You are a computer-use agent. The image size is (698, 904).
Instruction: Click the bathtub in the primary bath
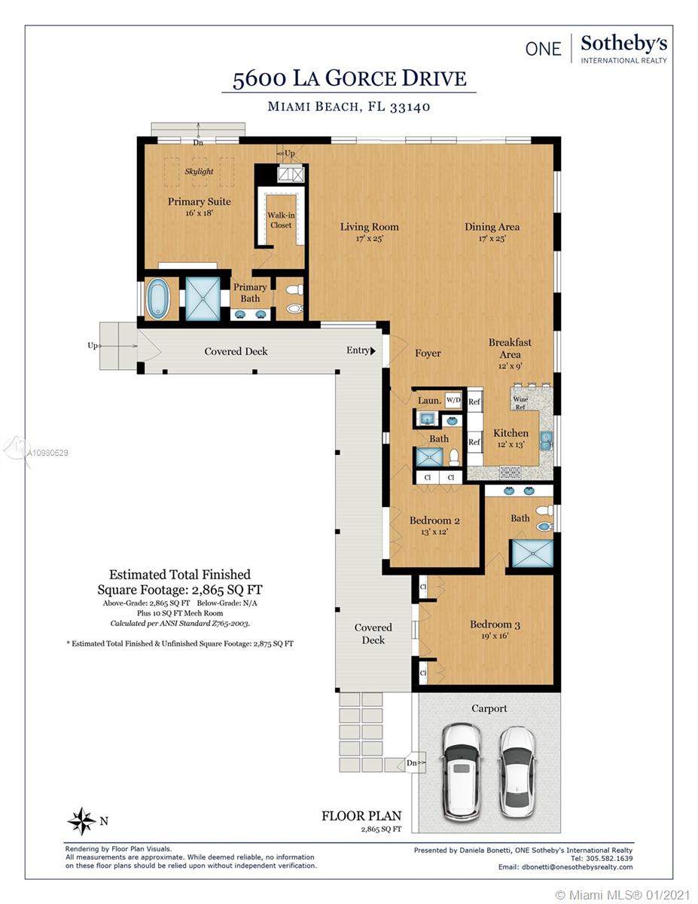(158, 299)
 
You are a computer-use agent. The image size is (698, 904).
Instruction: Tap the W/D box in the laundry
(453, 400)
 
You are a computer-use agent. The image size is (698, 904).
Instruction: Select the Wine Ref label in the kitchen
(520, 403)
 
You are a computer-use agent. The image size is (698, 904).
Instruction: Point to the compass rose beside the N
(82, 821)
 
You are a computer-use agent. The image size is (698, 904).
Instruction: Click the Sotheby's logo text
(623, 44)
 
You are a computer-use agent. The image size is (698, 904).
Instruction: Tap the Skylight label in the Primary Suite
(199, 172)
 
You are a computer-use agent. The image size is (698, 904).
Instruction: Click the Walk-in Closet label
(281, 220)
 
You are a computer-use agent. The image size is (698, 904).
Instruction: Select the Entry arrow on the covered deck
(373, 351)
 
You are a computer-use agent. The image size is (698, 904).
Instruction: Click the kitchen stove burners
(510, 472)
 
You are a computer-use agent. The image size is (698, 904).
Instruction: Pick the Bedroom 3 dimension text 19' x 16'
(495, 636)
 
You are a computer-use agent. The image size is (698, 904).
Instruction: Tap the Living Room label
(369, 227)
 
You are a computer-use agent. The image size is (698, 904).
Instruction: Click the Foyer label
(428, 353)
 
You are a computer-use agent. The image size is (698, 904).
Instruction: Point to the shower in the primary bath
(203, 299)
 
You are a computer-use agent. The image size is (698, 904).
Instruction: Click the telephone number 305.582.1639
(609, 859)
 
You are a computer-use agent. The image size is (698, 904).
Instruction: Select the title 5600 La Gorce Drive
(349, 79)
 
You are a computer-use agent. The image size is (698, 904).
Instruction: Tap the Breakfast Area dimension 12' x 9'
(510, 367)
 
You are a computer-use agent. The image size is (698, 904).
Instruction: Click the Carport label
(489, 708)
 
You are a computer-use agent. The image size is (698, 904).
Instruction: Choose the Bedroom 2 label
(434, 521)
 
